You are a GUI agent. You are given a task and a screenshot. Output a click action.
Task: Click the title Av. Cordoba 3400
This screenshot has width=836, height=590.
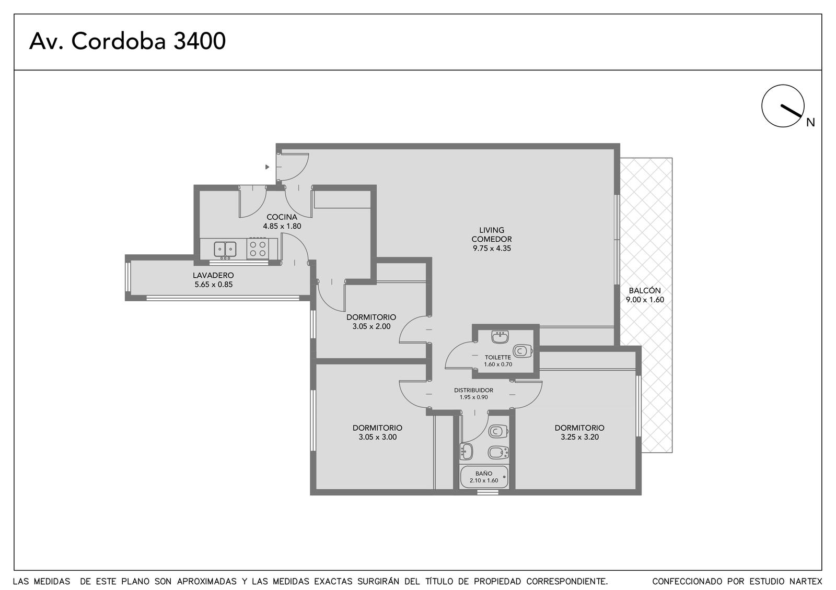coord(127,41)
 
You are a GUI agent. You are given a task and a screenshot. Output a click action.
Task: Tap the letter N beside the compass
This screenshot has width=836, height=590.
coord(810,122)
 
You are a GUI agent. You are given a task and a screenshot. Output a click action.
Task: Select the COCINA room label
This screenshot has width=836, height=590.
coord(282,217)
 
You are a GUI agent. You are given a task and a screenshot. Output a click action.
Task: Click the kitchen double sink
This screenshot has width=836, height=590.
coord(225,250)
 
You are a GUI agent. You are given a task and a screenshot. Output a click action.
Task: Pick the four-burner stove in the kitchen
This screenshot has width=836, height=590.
coord(258,249)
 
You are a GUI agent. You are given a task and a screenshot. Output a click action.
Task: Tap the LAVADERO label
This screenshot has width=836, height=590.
coord(213,275)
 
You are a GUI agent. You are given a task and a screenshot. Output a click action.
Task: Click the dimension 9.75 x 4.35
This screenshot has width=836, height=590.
coord(492,249)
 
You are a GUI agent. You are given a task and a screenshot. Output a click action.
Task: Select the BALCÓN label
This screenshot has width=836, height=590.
coord(645,290)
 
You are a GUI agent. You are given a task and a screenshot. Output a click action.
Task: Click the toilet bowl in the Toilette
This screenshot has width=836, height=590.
coord(522,351)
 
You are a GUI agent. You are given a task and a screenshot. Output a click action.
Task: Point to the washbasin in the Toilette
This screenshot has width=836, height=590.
coord(500,337)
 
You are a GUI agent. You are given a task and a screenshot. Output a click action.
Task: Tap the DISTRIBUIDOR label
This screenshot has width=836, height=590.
coord(473,390)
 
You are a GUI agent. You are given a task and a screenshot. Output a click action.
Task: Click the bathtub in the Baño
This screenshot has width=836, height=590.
coord(484,477)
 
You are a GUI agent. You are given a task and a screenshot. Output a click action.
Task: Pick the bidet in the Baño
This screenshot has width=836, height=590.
coord(498,453)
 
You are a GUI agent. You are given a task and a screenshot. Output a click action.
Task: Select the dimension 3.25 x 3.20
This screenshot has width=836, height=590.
coord(579,437)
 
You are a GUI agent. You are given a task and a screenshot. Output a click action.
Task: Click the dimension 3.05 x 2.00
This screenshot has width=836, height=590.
coord(371,326)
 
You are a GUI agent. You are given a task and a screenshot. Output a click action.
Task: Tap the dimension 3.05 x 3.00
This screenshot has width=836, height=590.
coord(377,437)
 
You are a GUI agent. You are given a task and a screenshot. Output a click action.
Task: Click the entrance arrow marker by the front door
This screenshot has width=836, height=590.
coord(267,167)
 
